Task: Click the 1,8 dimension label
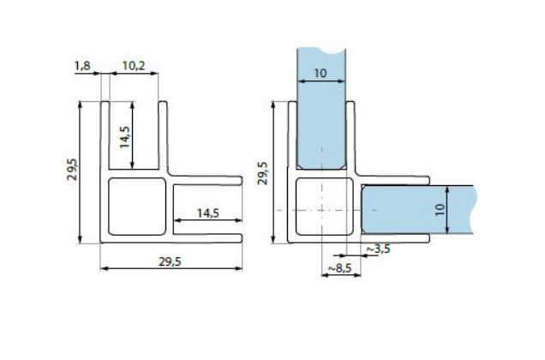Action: [81, 65]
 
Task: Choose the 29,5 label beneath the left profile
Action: [171, 262]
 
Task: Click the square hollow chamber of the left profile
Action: [135, 207]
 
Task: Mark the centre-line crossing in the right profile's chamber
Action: [322, 210]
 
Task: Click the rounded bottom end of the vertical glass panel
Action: [320, 166]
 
